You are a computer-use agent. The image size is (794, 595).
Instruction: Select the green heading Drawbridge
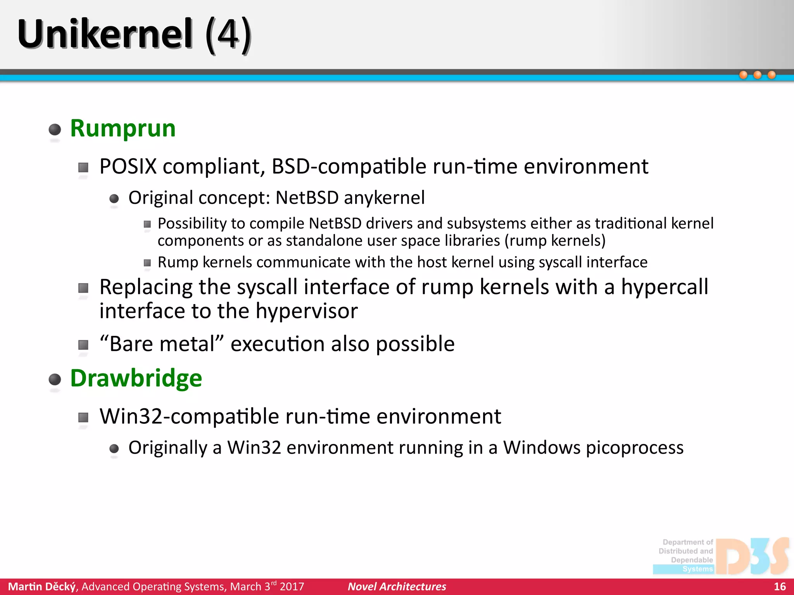click(x=136, y=378)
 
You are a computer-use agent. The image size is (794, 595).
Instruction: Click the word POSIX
click(x=128, y=167)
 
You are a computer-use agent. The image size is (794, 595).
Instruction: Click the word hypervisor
click(x=306, y=311)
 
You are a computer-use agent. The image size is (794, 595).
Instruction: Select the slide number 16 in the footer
click(x=779, y=586)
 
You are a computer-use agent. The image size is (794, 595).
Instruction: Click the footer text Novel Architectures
click(x=397, y=586)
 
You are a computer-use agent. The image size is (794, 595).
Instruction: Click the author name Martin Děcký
click(x=42, y=586)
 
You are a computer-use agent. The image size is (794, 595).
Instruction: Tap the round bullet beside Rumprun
click(x=55, y=129)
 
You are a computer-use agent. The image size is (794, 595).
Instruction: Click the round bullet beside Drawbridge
click(x=55, y=379)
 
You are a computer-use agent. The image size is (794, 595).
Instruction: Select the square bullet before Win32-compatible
click(x=83, y=418)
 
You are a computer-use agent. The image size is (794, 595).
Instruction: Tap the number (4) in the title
click(x=228, y=35)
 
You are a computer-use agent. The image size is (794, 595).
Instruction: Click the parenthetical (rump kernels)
click(x=555, y=241)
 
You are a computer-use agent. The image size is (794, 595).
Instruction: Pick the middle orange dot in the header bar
click(x=757, y=75)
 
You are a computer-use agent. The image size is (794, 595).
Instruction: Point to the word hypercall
click(x=665, y=287)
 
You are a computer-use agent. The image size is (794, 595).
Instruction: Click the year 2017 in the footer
click(x=292, y=586)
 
